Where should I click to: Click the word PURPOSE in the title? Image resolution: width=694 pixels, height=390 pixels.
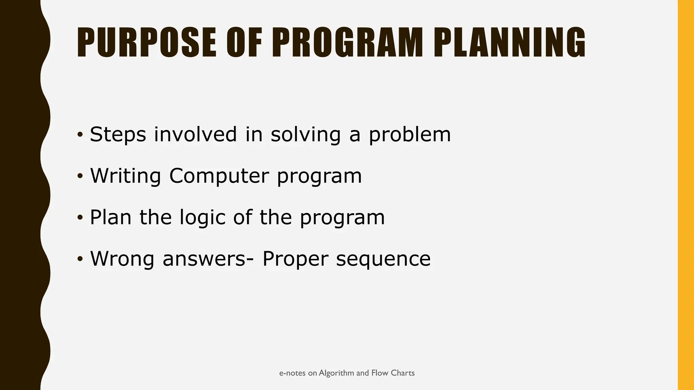point(146,43)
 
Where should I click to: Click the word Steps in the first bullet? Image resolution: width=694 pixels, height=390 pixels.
point(118,134)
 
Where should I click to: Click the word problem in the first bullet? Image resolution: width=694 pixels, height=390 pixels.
point(410,134)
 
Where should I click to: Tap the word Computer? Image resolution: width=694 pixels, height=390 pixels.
point(219,176)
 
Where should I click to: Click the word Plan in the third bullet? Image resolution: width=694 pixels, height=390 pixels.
point(110,217)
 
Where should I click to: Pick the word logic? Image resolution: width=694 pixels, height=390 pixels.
point(202,217)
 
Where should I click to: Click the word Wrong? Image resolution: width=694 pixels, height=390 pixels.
point(122,259)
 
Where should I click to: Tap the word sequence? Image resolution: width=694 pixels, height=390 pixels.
point(383,259)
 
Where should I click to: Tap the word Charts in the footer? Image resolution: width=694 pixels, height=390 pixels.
point(403,373)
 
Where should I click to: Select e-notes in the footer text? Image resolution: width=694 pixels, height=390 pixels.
point(292,373)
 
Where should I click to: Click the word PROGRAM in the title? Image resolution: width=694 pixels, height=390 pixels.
point(348,43)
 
